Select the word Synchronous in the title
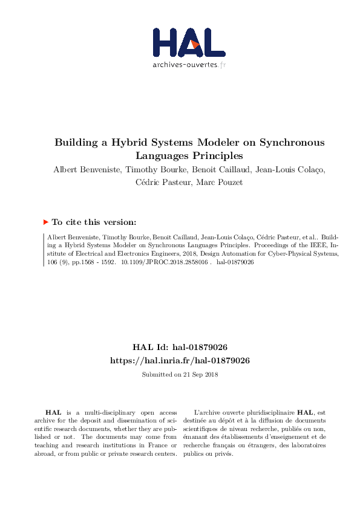pos(292,143)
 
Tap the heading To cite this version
pos(94,222)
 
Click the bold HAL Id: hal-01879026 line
pos(180,348)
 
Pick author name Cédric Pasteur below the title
pos(160,183)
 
